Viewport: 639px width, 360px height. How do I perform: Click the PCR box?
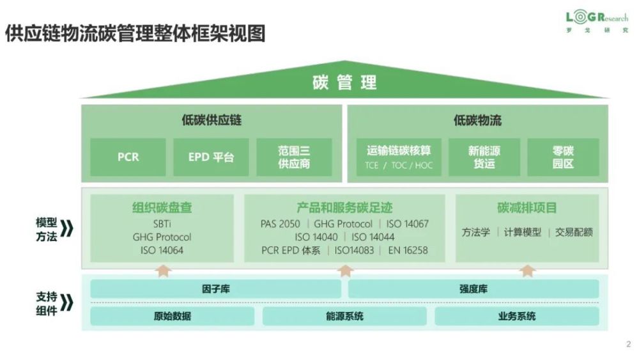point(128,157)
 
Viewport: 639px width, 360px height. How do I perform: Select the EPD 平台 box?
point(211,157)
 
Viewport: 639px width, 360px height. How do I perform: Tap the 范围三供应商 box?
point(294,157)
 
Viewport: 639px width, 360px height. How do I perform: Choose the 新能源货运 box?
point(484,157)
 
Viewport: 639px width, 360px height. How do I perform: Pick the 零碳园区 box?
point(563,157)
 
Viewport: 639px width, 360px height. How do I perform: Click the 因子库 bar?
point(215,289)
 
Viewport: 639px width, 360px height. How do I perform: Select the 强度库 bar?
point(473,289)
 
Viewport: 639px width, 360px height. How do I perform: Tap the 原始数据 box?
point(173,316)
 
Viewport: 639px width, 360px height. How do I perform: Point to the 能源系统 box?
point(344,316)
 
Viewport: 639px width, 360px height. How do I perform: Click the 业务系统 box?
point(517,316)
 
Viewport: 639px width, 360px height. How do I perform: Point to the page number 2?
point(628,344)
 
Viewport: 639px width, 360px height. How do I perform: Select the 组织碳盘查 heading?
point(162,208)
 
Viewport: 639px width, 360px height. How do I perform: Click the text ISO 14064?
point(162,250)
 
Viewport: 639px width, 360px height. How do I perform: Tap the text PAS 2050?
point(281,224)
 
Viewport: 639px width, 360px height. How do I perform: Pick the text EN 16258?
point(408,250)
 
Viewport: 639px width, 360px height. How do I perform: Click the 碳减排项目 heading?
point(527,208)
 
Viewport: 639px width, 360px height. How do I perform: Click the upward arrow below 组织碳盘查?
point(164,270)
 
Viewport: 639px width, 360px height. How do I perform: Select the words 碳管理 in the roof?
point(345,82)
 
